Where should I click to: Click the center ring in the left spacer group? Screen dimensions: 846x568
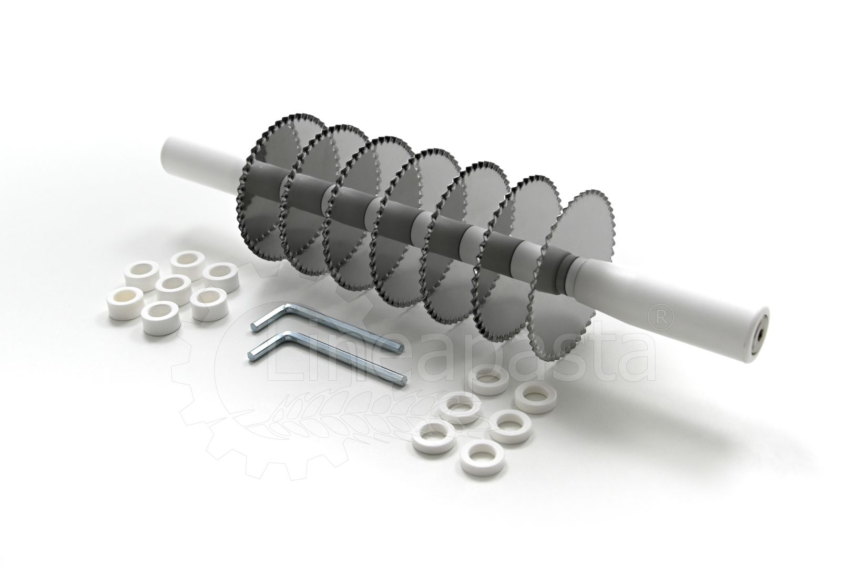pos(173,290)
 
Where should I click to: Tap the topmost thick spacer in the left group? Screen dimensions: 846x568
pos(188,265)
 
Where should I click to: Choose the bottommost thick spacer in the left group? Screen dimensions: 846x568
pos(160,319)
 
